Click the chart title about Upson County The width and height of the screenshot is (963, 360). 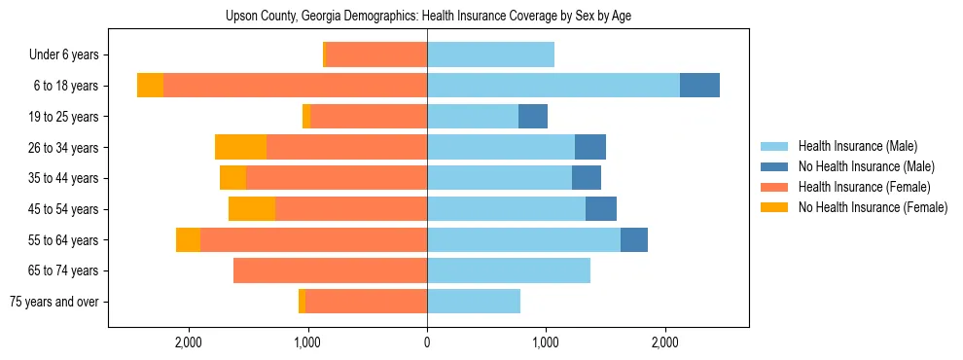click(428, 17)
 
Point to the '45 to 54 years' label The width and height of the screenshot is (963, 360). click(63, 209)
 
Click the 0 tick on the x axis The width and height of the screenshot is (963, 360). click(427, 342)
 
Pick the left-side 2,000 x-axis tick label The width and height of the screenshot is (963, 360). click(188, 342)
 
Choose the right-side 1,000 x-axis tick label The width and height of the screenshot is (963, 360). click(546, 342)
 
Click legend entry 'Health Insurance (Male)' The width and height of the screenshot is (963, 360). click(857, 146)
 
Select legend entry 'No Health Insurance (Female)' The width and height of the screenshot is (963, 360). click(873, 207)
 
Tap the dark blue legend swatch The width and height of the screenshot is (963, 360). click(776, 166)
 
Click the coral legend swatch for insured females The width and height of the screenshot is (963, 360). click(776, 187)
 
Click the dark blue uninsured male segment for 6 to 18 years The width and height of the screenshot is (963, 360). click(699, 86)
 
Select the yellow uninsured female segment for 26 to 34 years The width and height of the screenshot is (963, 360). click(240, 147)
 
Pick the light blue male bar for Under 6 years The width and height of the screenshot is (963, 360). click(490, 54)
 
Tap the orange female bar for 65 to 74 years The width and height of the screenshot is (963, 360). click(330, 270)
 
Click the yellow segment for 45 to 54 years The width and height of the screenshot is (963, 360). click(252, 209)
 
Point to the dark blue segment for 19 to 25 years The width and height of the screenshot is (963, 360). click(533, 117)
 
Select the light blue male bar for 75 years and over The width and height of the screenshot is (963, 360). click(474, 302)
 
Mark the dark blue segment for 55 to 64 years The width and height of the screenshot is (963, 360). click(634, 239)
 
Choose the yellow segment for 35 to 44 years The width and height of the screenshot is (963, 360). click(232, 178)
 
